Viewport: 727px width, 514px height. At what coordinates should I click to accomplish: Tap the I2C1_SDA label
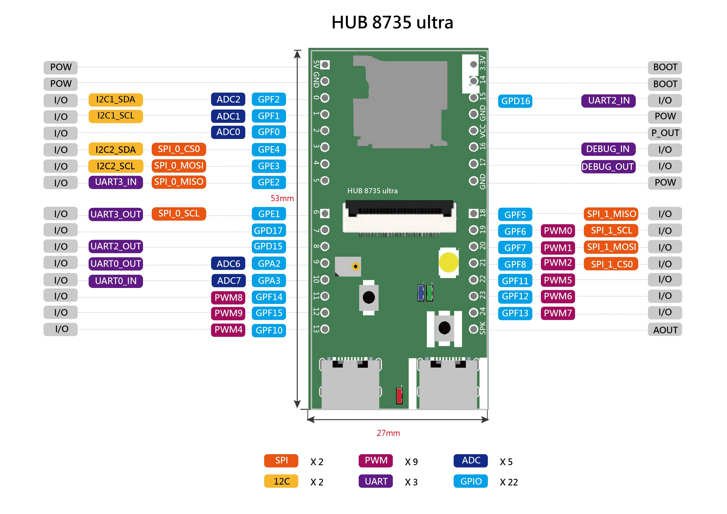tap(116, 99)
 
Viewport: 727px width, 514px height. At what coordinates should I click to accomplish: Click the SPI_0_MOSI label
tap(179, 166)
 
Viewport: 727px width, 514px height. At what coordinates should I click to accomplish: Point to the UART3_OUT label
tap(116, 214)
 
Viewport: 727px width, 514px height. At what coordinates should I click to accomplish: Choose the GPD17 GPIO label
tap(269, 230)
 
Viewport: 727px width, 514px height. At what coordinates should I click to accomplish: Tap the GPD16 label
tap(515, 101)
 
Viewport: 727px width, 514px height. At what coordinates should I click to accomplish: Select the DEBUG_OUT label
tap(608, 167)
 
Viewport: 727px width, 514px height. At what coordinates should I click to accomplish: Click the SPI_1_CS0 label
tap(611, 264)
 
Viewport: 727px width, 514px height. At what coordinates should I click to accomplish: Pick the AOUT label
tap(665, 330)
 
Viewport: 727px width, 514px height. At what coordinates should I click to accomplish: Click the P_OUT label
tap(665, 133)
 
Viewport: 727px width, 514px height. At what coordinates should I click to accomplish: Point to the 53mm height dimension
tap(282, 198)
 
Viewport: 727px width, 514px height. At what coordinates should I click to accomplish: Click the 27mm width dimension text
tap(388, 433)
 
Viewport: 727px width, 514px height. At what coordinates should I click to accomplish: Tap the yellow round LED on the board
tap(448, 262)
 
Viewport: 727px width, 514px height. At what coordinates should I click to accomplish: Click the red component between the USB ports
tap(399, 396)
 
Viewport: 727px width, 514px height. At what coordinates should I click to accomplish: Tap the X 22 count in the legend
tap(509, 482)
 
